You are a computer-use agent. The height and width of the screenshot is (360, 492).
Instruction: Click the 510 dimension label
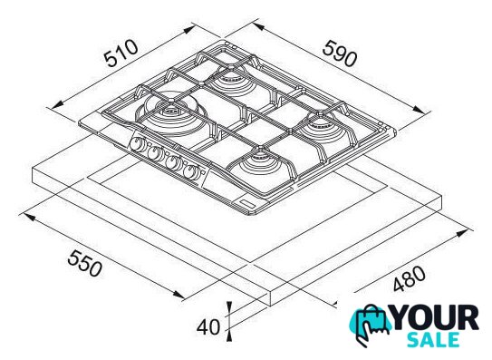pos(121,54)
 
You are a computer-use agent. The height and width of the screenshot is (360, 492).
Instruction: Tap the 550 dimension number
pos(85,263)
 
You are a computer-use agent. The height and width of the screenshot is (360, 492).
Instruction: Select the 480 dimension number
pos(410,278)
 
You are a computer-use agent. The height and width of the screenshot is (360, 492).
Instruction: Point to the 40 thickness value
pos(208,327)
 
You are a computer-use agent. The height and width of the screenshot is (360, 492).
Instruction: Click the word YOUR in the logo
pos(436,318)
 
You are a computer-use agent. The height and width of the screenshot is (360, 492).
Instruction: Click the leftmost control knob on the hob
pos(138,144)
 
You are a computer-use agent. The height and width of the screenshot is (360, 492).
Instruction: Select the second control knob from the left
pos(154,152)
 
